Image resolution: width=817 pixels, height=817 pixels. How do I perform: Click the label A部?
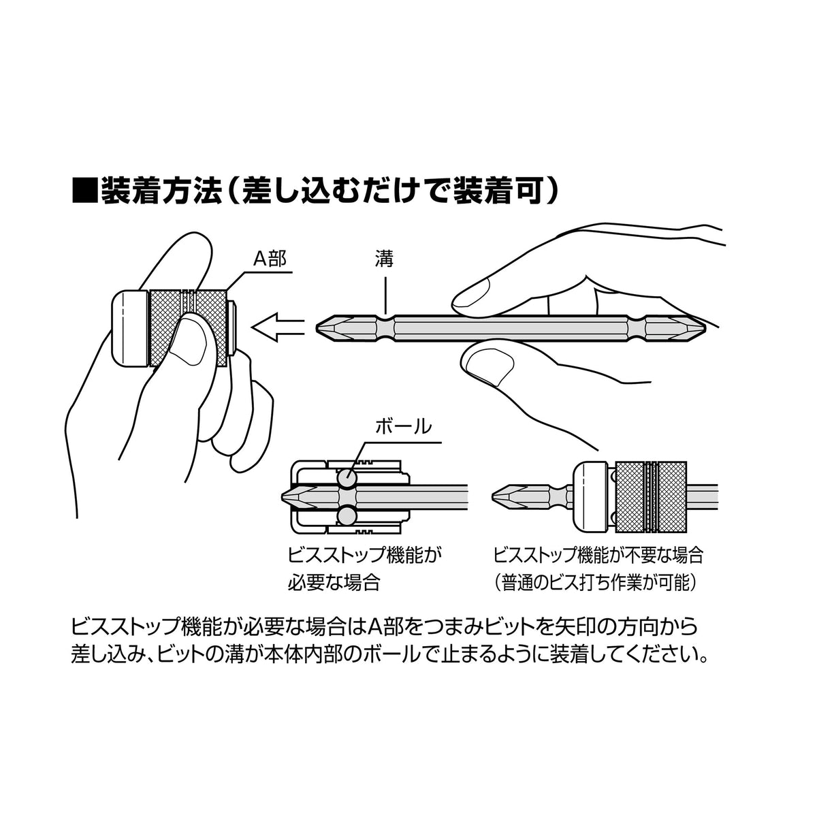tap(270, 258)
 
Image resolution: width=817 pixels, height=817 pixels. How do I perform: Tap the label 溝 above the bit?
tap(384, 258)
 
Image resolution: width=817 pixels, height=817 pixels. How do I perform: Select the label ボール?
tap(404, 426)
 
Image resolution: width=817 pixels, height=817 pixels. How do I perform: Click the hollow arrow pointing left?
tap(278, 327)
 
